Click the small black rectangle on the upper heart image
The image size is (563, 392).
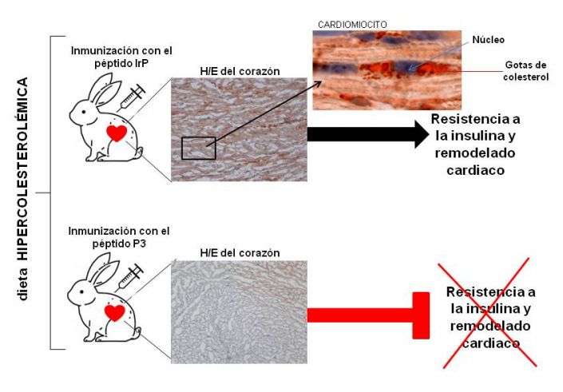point(198,148)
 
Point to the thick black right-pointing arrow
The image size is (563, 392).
point(367,134)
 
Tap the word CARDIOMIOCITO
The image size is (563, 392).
point(352,25)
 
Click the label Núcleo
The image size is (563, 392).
point(489,39)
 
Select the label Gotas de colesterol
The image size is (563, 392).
point(527,71)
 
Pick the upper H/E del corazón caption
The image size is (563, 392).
point(240,71)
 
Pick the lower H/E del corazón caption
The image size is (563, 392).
point(240,253)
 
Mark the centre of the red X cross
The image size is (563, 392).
point(489,315)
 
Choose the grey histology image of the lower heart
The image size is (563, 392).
point(240,311)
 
